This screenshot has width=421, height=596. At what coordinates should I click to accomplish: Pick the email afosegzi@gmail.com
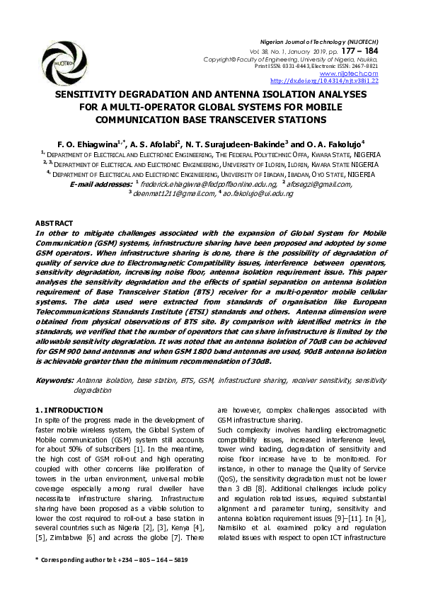(319, 184)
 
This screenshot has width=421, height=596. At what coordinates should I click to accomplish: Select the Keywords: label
(54, 381)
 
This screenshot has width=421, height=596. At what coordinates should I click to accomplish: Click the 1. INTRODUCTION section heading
(69, 411)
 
